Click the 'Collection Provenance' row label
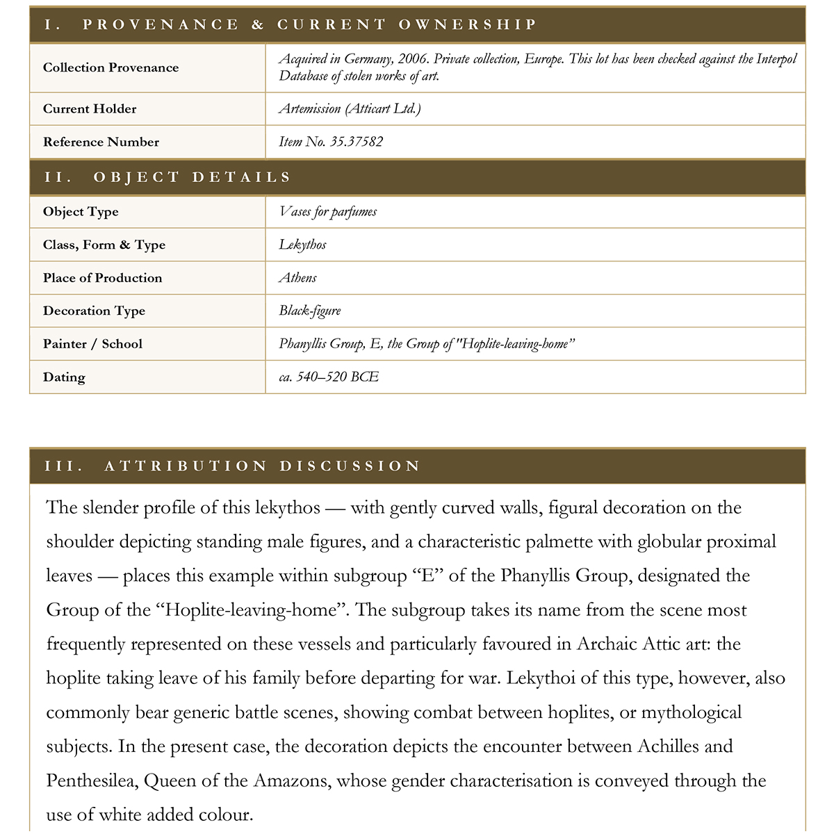pos(111,67)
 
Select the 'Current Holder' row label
pos(90,108)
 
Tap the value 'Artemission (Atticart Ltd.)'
pos(350,108)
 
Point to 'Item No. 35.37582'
pos(331,142)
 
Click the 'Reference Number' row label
pos(101,142)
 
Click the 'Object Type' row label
pos(81,212)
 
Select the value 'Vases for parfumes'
pos(327,212)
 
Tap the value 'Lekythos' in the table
pos(302,245)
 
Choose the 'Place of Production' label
pos(102,278)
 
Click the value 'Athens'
pos(297,278)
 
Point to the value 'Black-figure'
pos(310,311)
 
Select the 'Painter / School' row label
pos(92,344)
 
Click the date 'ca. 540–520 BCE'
pos(329,377)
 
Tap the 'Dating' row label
pos(64,377)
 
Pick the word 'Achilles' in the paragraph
pos(668,746)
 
